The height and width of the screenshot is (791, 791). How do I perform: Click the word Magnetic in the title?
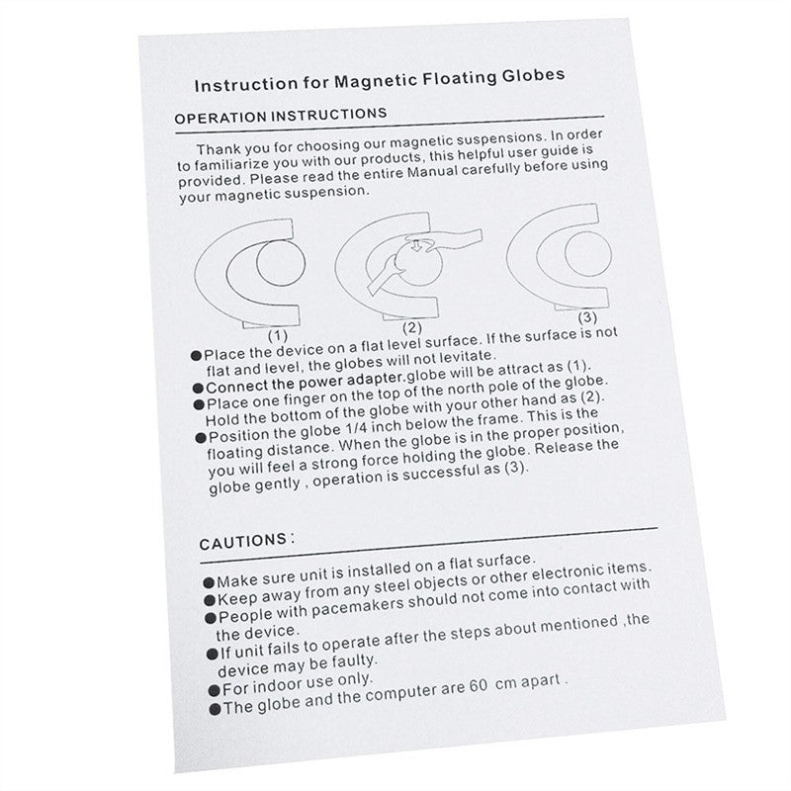(375, 81)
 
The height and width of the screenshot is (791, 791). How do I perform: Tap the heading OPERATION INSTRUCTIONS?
(281, 116)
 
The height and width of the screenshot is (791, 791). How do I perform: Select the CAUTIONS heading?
(243, 542)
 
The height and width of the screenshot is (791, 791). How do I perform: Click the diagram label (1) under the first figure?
(278, 335)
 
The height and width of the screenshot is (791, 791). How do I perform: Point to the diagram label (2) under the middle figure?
(411, 328)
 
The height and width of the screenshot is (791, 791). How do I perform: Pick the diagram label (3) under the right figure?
(587, 317)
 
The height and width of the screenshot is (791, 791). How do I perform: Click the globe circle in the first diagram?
(281, 263)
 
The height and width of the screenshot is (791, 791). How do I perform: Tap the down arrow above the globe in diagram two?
(415, 245)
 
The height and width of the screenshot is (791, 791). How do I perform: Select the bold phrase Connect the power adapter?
(306, 383)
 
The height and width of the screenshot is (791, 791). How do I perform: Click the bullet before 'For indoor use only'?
(215, 690)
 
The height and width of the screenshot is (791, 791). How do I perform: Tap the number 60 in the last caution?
(479, 686)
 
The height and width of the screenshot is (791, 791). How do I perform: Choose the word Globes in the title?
(533, 76)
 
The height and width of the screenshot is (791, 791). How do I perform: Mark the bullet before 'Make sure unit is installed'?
(209, 583)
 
